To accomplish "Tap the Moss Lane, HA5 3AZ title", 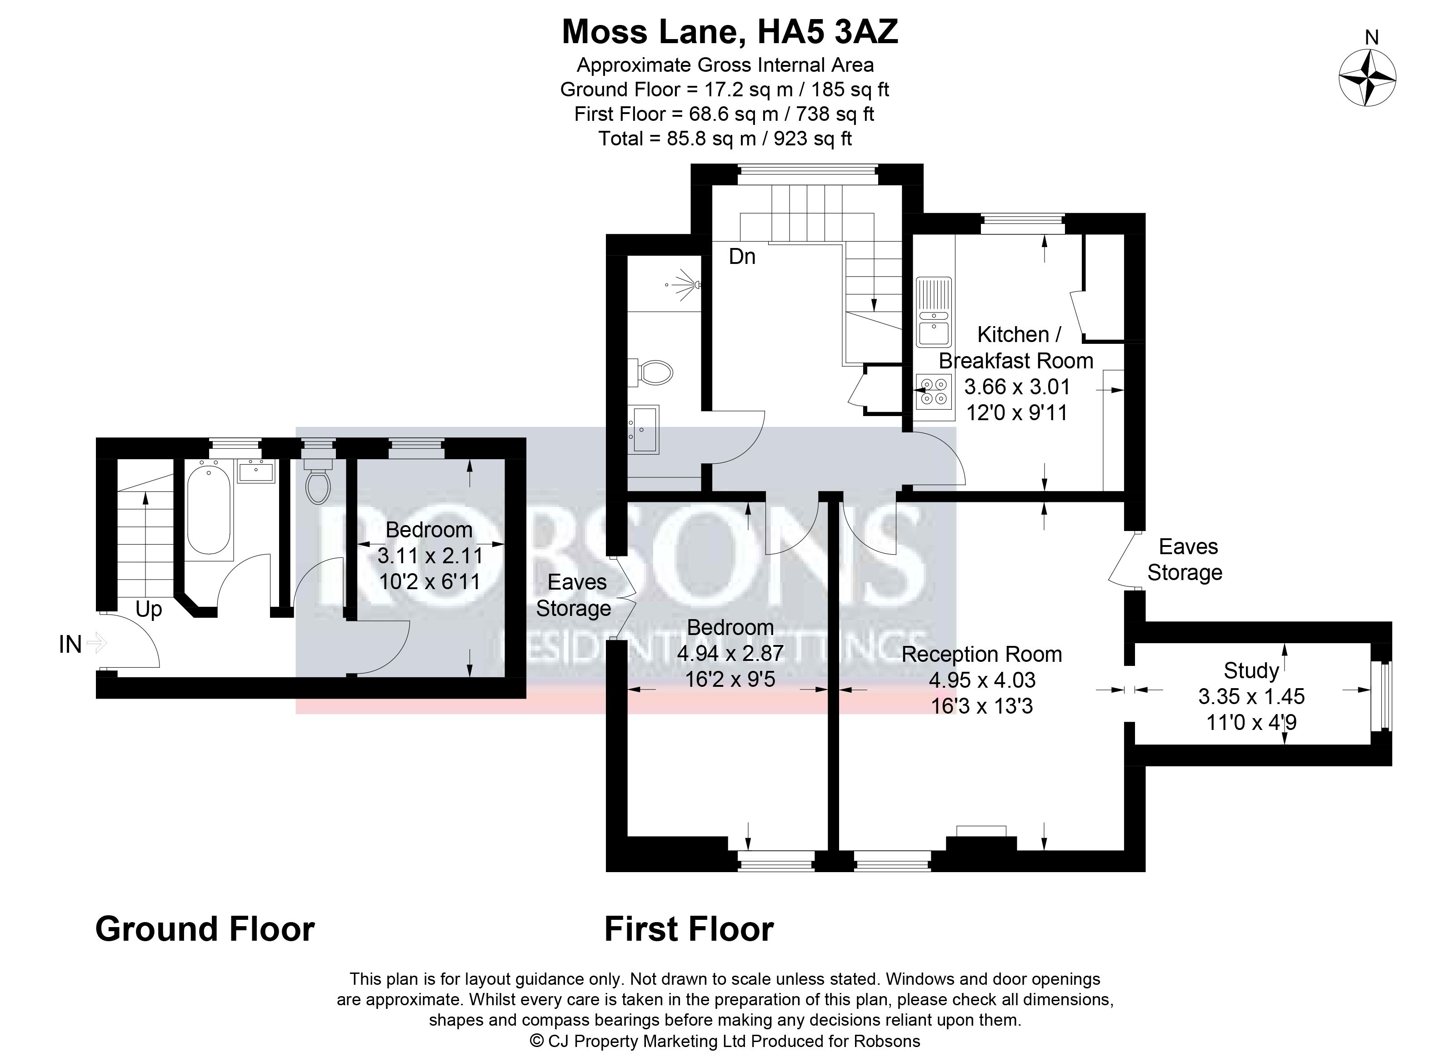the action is pyautogui.click(x=730, y=32).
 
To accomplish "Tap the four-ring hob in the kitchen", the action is pyautogui.click(x=932, y=392).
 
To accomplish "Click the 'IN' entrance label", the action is pyautogui.click(x=70, y=644).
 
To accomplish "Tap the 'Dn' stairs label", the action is pyautogui.click(x=742, y=257).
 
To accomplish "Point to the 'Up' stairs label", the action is pyautogui.click(x=149, y=610).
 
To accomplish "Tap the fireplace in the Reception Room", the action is pyautogui.click(x=981, y=838).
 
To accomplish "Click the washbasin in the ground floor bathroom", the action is pyautogui.click(x=255, y=471).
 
